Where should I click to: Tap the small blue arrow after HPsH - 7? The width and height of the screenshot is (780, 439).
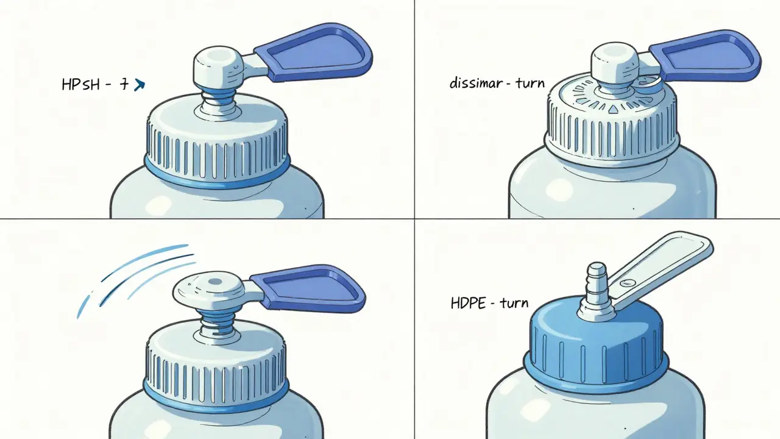tap(139, 85)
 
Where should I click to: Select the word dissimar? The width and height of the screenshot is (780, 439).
tap(475, 83)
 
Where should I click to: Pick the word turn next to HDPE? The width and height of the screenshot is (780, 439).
tap(513, 302)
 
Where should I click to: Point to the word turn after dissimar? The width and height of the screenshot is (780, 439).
tap(529, 83)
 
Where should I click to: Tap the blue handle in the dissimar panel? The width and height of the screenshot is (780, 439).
tap(707, 59)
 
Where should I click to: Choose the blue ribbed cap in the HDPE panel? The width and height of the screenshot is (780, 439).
tap(594, 348)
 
